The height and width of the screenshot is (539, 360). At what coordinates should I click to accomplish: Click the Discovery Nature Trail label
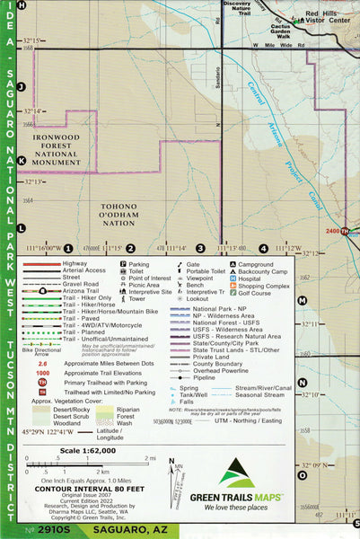point(237,8)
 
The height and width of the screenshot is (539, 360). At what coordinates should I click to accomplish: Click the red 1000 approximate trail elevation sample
point(42,373)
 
